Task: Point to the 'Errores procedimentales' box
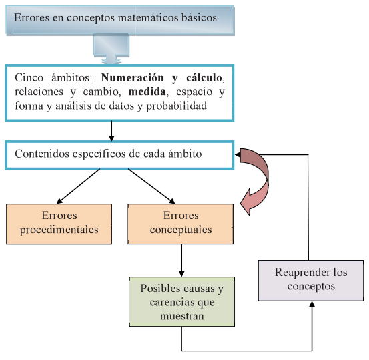(x=59, y=223)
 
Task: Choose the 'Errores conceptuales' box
(x=180, y=223)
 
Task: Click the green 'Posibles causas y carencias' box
(x=181, y=302)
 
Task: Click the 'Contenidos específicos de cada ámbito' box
(x=119, y=154)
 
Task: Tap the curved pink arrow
(x=257, y=180)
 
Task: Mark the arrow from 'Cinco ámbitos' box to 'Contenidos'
(x=111, y=129)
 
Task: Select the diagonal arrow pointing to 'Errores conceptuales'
(x=151, y=185)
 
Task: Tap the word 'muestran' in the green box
(x=181, y=316)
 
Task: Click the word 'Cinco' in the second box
(x=27, y=77)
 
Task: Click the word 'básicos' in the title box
(x=194, y=18)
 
